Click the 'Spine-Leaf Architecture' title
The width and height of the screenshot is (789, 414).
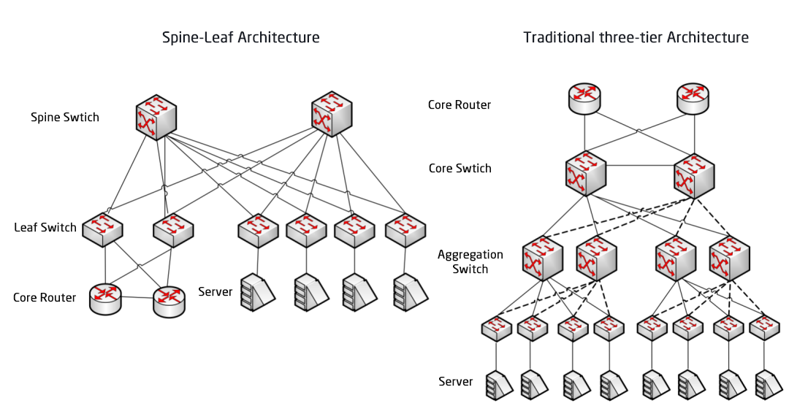pos(240,37)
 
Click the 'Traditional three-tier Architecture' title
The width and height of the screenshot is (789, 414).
pos(636,37)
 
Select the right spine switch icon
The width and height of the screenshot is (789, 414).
pos(332,114)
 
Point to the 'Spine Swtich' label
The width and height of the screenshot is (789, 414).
pos(65,117)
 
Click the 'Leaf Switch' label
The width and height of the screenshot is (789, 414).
pos(45,228)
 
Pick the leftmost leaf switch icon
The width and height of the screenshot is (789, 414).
pos(102,229)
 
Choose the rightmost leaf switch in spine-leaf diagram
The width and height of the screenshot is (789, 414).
pos(405,230)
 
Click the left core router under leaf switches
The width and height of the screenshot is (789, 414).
pos(106,298)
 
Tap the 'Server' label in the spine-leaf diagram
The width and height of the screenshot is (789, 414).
pos(215,292)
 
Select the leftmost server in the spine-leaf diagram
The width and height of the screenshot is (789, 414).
pos(256,292)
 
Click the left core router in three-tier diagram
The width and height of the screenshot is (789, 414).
pos(584,98)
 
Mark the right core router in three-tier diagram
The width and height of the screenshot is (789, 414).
pos(692,98)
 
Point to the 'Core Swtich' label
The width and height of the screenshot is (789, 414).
pos(460,169)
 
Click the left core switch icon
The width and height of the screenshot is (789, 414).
pos(585,175)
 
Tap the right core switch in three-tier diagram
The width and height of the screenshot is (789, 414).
pos(693,175)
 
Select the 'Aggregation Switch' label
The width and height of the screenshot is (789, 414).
pos(470,261)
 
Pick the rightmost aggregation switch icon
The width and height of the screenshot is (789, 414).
pos(729,257)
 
